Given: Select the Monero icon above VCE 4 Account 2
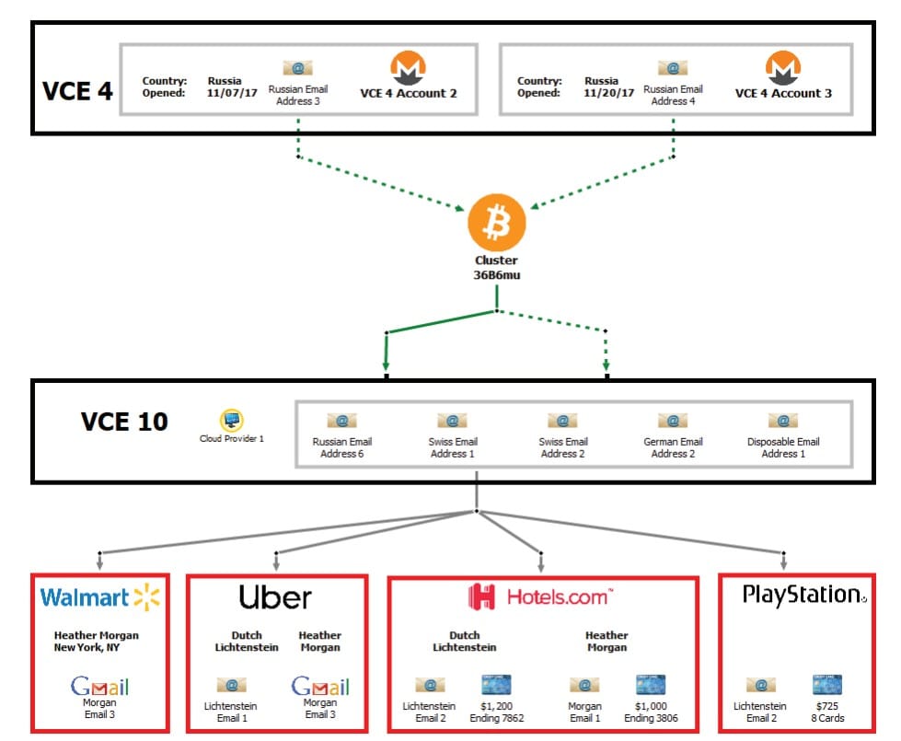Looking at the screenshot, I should point(408,69).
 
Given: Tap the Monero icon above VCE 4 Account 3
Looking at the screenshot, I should point(783,69).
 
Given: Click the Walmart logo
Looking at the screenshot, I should point(100,598).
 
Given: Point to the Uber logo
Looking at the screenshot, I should point(275,597).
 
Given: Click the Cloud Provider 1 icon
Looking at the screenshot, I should point(231,419).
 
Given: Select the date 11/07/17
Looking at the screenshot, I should point(232,93).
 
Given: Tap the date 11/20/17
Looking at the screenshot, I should point(609,93).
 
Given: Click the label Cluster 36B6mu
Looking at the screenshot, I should point(496,266).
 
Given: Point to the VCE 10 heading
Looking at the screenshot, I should point(124,423).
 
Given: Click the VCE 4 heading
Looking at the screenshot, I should point(77,92).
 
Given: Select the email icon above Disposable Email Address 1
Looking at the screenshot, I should point(783,421).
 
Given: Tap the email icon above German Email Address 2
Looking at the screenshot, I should point(673,421).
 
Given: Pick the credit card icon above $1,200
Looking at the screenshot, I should point(495,686).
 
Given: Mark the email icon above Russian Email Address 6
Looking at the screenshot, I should point(341,421).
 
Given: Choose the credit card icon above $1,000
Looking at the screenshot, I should point(650,686).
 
